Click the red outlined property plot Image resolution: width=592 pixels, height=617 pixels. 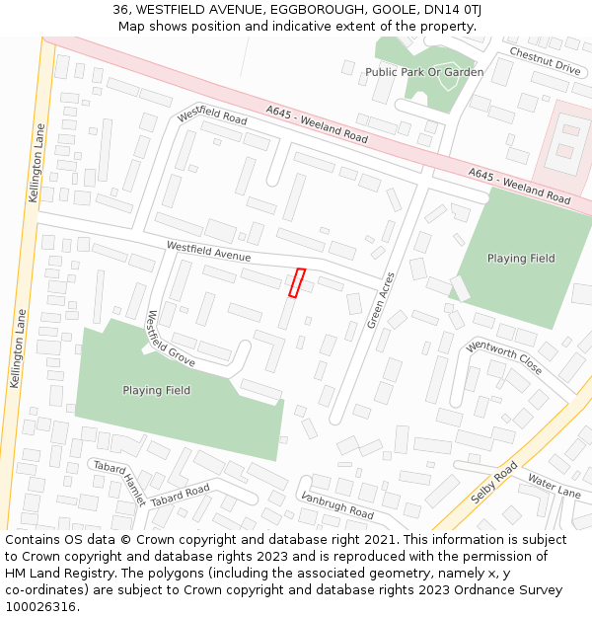(296, 282)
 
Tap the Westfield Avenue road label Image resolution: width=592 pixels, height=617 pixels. (208, 252)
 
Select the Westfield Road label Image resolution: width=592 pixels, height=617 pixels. (212, 116)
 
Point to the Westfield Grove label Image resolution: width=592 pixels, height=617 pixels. (170, 339)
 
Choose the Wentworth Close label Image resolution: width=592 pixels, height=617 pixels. (503, 357)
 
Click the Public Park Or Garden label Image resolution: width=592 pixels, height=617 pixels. (424, 72)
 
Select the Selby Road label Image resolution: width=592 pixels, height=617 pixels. (493, 483)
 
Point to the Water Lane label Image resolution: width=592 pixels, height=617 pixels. (554, 484)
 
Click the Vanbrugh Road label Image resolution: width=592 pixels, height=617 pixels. (337, 506)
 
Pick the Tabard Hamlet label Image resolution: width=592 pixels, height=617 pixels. (119, 481)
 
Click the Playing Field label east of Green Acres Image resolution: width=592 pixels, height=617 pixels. (521, 259)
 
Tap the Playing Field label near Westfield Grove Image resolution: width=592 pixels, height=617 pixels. (156, 391)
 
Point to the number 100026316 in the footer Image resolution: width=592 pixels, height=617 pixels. (38, 607)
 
